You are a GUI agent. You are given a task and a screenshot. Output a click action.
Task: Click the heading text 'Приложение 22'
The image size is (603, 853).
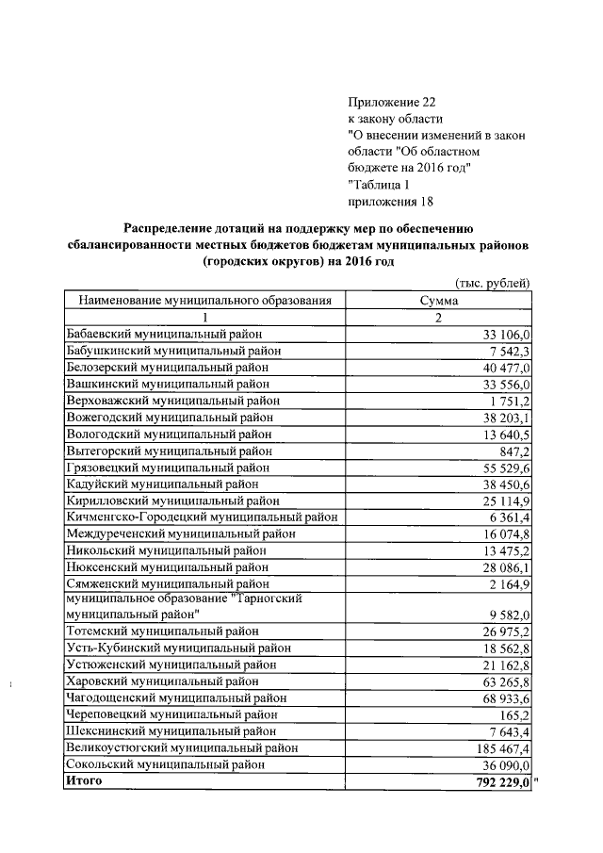click(x=393, y=102)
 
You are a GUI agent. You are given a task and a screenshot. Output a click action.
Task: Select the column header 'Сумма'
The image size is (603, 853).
click(x=438, y=301)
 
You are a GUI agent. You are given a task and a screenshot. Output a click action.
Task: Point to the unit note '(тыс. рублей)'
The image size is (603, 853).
click(x=493, y=284)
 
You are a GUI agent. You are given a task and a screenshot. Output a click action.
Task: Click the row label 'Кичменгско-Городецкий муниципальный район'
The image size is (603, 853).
click(x=202, y=517)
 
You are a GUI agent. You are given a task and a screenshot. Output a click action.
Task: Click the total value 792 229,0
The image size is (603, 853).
click(x=504, y=780)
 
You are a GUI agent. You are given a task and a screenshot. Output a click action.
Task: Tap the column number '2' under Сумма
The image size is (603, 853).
click(x=438, y=318)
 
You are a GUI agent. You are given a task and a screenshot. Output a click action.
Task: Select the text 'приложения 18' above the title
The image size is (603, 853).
click(x=391, y=202)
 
